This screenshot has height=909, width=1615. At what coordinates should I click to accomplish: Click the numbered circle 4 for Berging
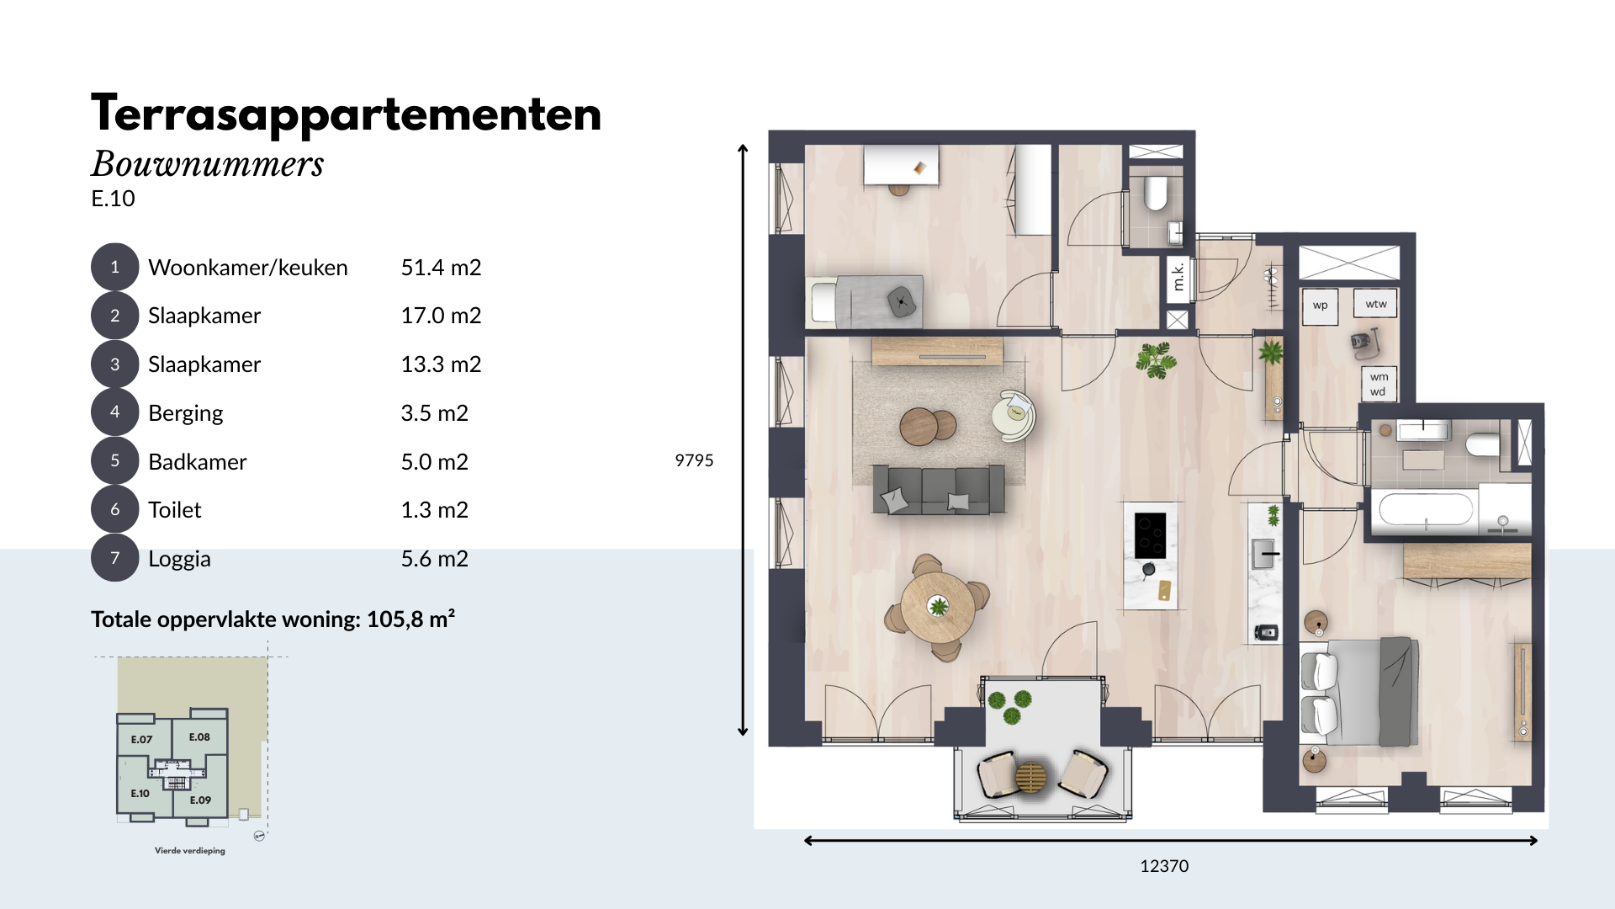click(114, 412)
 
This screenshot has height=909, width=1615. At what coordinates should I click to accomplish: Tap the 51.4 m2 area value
click(441, 268)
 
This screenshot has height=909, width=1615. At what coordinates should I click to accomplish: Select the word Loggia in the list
click(179, 560)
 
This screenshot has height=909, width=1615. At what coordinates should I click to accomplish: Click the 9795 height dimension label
click(694, 460)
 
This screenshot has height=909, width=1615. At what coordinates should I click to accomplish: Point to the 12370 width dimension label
click(1164, 866)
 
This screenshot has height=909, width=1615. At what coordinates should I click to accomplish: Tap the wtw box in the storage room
click(1376, 304)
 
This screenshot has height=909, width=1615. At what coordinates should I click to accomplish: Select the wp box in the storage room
click(1320, 306)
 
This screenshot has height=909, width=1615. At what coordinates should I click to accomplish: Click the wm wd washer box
click(1379, 384)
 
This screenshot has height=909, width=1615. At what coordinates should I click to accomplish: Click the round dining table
click(938, 607)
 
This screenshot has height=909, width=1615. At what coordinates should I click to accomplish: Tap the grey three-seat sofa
click(939, 489)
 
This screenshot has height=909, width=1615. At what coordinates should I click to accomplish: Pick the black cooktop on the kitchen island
click(1150, 535)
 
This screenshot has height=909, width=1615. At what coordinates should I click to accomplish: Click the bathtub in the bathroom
click(1426, 509)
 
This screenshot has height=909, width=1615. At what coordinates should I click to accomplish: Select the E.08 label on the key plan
click(199, 737)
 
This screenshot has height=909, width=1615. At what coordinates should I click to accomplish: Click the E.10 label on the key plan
click(140, 794)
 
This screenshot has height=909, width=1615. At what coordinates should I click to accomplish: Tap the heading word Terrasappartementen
click(347, 114)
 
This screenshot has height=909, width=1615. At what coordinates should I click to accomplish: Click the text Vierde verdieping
click(190, 851)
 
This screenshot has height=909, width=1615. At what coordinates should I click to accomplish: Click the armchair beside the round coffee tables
click(1013, 415)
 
